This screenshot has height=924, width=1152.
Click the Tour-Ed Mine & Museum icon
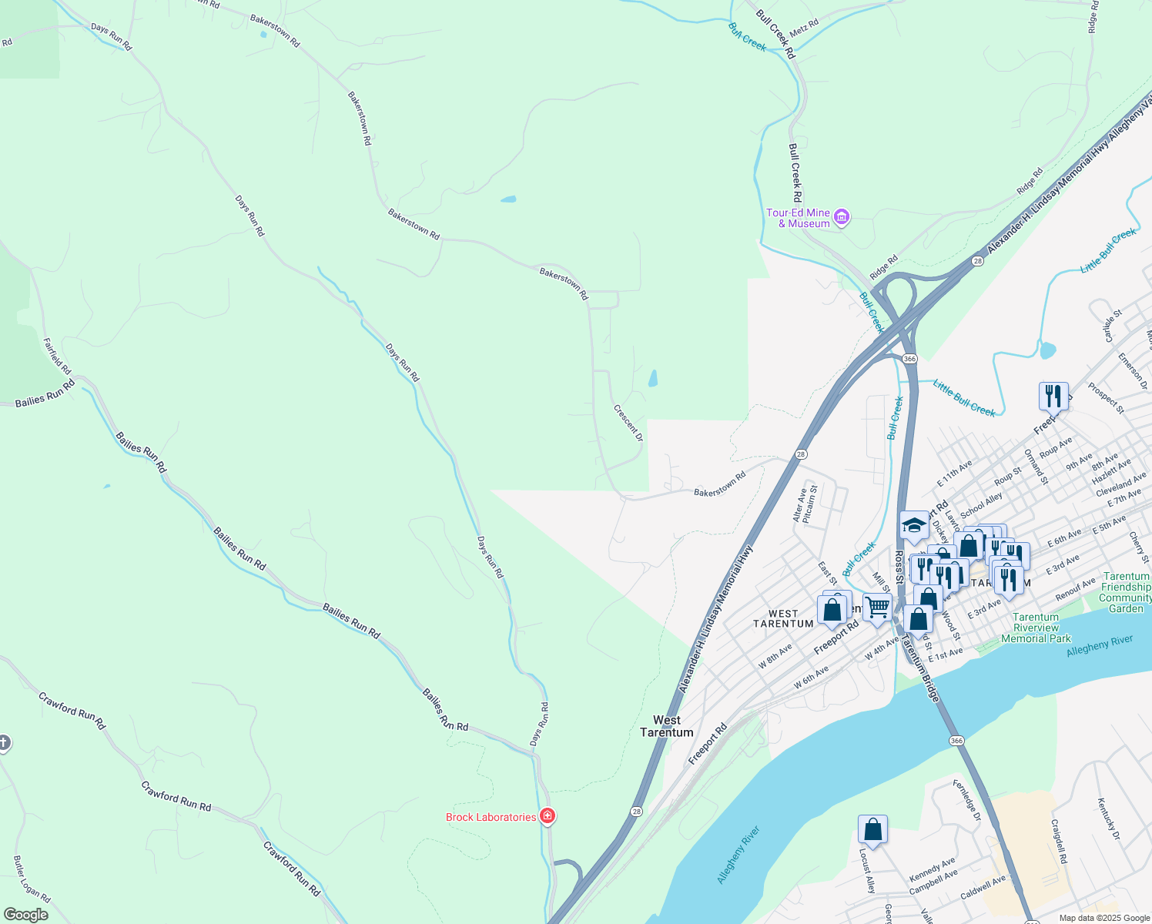[x=842, y=218]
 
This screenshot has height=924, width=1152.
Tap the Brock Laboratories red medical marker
[x=548, y=816]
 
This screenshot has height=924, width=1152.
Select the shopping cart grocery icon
[x=877, y=608]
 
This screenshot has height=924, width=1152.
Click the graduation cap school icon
[x=914, y=525]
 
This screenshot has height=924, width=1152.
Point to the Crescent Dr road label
[x=628, y=423]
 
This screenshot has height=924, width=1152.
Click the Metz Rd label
[x=804, y=28]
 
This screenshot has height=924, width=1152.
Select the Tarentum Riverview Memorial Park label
[x=1036, y=628]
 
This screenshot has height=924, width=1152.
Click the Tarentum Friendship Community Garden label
[x=1126, y=592]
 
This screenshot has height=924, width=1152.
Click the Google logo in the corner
[x=25, y=915]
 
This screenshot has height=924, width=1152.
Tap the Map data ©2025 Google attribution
[x=1103, y=918]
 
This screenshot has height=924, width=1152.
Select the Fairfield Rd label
[x=57, y=356]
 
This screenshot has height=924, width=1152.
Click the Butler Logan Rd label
[x=32, y=879]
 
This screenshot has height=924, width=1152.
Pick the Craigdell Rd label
[x=1058, y=841]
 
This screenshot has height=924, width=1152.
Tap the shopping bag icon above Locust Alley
[x=872, y=830]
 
